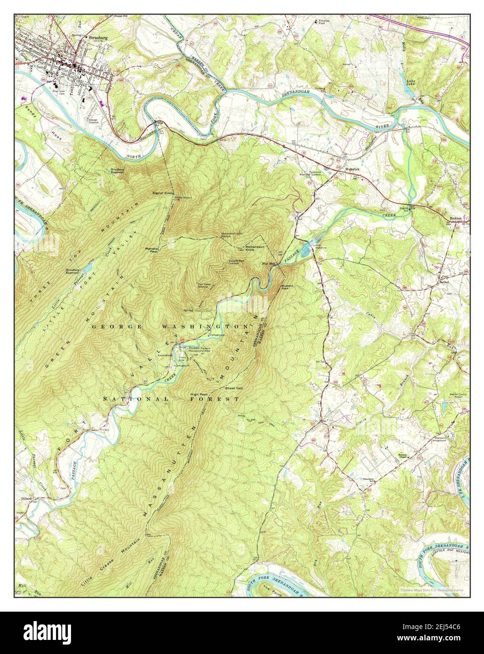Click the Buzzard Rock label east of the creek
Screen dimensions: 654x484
coord(287,286)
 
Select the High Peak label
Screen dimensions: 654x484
coord(199,394)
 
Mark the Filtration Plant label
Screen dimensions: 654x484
coord(325,22)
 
